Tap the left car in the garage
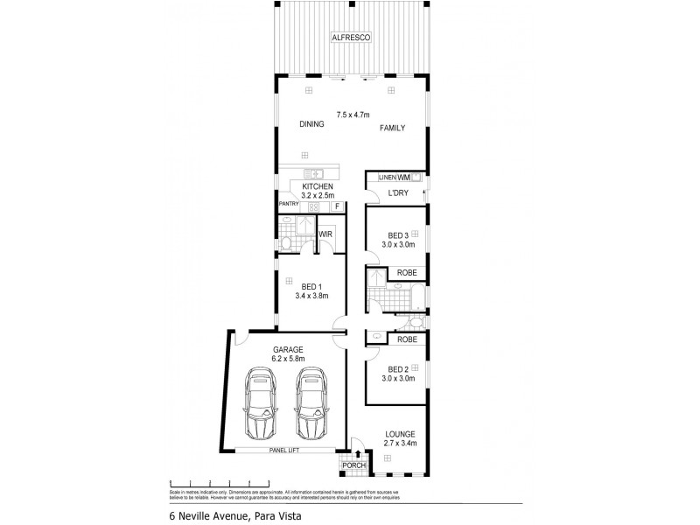(x=261, y=405)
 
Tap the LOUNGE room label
(x=399, y=434)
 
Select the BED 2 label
(x=398, y=368)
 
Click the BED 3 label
(x=398, y=235)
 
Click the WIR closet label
(x=325, y=234)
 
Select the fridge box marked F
(x=335, y=206)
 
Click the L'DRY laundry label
(x=398, y=192)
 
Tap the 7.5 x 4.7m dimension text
(x=354, y=114)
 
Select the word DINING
(x=311, y=124)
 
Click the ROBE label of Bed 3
(x=406, y=273)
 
